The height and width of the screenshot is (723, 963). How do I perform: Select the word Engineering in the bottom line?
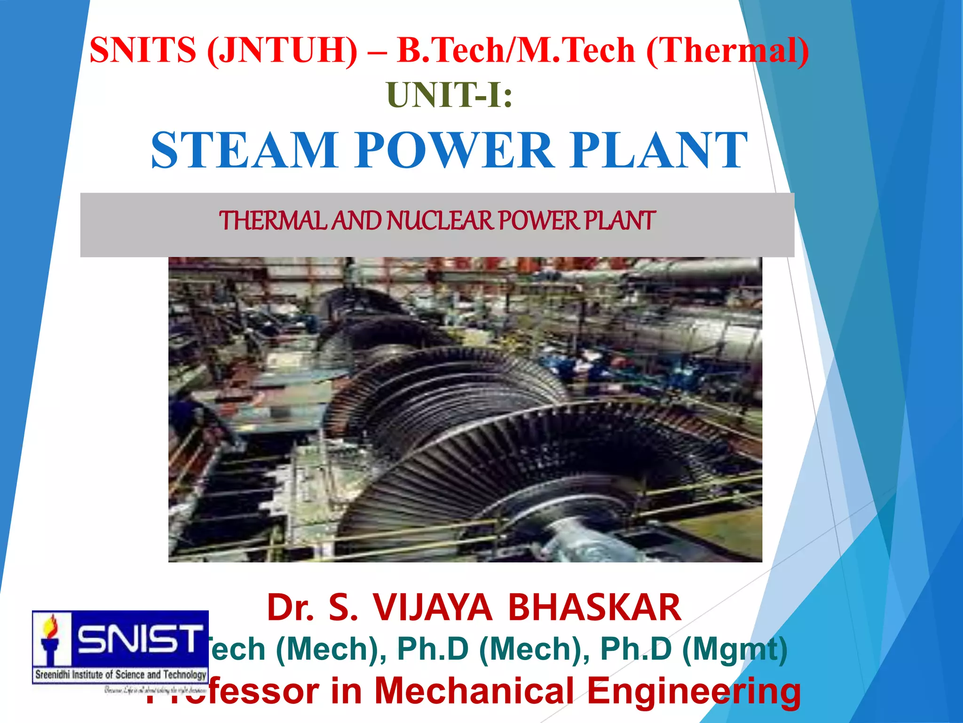(x=694, y=691)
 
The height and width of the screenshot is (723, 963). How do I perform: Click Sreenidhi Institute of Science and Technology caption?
(x=121, y=675)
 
